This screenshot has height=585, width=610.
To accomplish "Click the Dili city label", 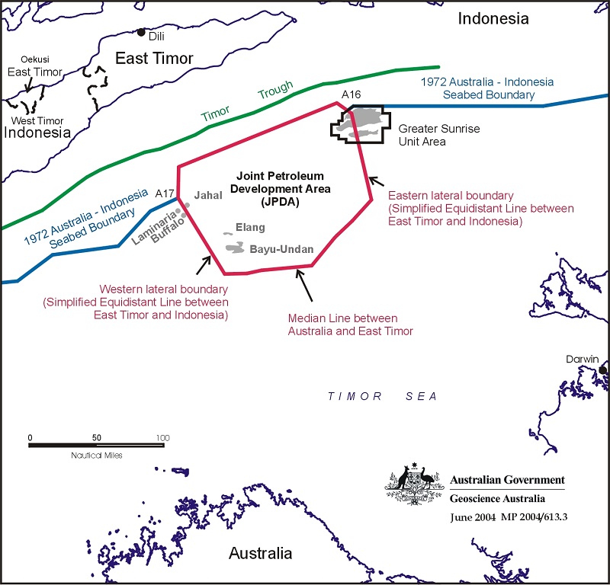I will [x=156, y=37].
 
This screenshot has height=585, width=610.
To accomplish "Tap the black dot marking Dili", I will [x=141, y=32].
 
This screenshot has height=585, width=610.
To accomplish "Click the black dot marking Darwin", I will [x=603, y=370].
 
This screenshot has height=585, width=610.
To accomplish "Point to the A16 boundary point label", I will [x=351, y=94].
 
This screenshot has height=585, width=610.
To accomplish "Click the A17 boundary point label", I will [x=165, y=194].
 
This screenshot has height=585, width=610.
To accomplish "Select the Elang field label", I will [x=251, y=228].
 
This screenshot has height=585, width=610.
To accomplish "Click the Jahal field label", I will [x=208, y=196].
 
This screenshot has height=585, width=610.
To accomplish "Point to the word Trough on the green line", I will [x=274, y=91].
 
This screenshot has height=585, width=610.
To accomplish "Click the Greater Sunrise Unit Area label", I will [x=438, y=135].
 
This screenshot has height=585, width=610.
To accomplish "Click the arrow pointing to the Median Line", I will [x=303, y=285].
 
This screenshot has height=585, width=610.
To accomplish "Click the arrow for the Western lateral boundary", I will [x=204, y=264].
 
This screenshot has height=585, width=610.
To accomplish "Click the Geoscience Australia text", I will [x=498, y=499].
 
